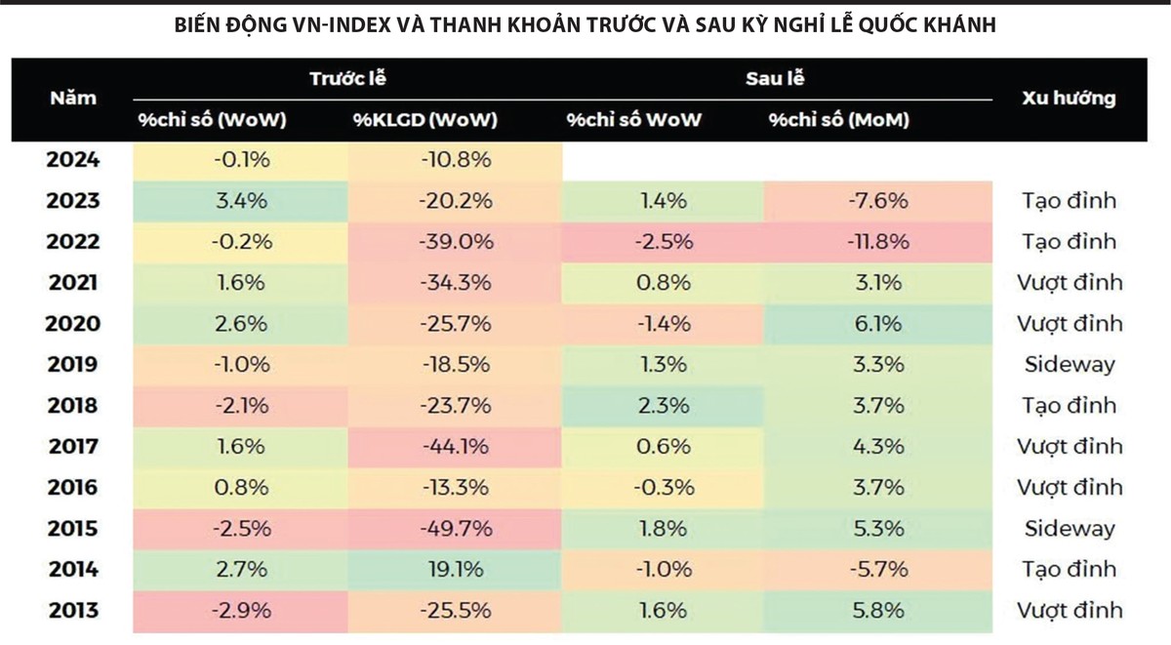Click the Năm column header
(x=73, y=99)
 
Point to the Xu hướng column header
(x=1069, y=99)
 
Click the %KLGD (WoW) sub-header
(x=425, y=120)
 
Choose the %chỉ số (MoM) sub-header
(x=838, y=120)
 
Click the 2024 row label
(x=73, y=160)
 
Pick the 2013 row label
(x=73, y=611)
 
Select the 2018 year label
(x=73, y=406)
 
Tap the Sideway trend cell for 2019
(x=1070, y=365)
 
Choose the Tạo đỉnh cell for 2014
(x=1070, y=570)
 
